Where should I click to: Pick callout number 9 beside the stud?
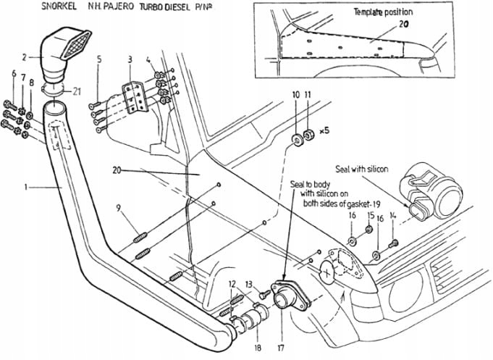[119, 210]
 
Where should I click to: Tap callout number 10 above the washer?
[295, 95]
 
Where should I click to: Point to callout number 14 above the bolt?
[393, 216]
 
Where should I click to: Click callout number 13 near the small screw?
[248, 284]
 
